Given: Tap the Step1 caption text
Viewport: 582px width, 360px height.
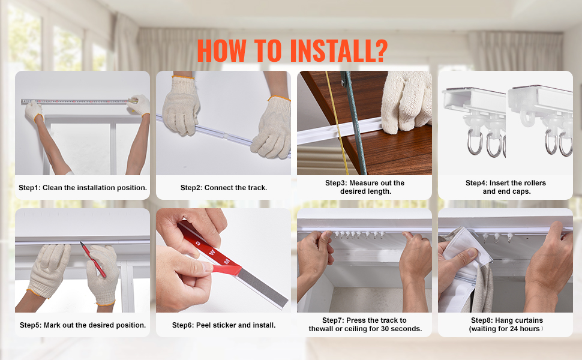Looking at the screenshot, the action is pos(83,188).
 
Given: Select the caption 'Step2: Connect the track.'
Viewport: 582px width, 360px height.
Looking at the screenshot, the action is pos(224,188).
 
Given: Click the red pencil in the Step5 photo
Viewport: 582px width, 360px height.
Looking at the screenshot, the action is pos(94,260).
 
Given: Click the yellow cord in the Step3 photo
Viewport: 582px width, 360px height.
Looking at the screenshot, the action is pos(337,122).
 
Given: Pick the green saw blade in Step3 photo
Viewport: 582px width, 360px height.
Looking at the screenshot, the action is pos(353,122).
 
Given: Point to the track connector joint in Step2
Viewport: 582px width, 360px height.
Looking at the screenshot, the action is pos(225,136).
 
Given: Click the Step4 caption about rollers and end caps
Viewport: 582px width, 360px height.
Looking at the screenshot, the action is pos(506,187).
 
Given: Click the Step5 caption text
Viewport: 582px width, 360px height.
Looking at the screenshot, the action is pos(83,325).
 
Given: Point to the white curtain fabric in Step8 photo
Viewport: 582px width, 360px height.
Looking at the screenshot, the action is pos(460,267).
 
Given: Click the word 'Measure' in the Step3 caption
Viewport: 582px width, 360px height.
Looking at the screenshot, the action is pos(363,183).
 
